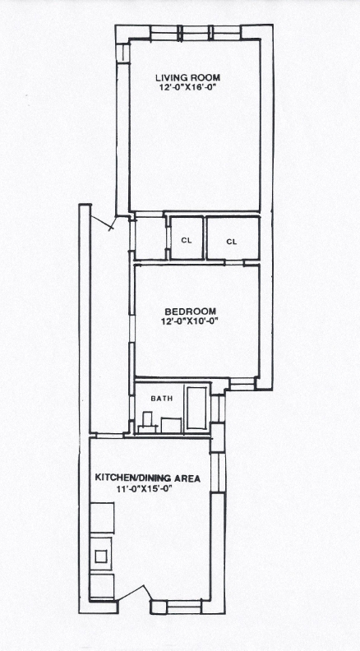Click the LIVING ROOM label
pyautogui.click(x=187, y=77)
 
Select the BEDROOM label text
pyautogui.click(x=191, y=312)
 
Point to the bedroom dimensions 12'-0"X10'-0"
pyautogui.click(x=191, y=321)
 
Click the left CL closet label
pyautogui.click(x=187, y=241)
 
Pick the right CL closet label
pyautogui.click(x=232, y=242)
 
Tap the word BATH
pyautogui.click(x=162, y=399)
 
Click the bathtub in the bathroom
pyautogui.click(x=196, y=408)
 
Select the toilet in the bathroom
pyautogui.click(x=147, y=422)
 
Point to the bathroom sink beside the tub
pyautogui.click(x=171, y=426)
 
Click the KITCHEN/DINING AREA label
pyautogui.click(x=148, y=478)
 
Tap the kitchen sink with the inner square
pyautogui.click(x=101, y=556)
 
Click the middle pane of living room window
pyautogui.click(x=195, y=33)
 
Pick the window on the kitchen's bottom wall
pyautogui.click(x=184, y=607)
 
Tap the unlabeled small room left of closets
pyautogui.click(x=150, y=238)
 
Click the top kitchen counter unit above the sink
pyautogui.click(x=102, y=517)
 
